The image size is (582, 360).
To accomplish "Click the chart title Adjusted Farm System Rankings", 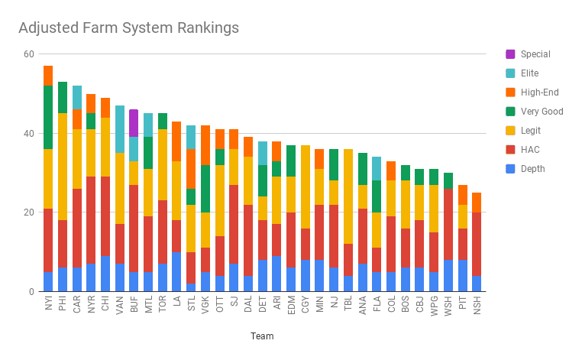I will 128,28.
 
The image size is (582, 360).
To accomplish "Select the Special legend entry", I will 535,54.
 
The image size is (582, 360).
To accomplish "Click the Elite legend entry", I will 529,73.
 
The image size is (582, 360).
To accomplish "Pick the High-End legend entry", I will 538,92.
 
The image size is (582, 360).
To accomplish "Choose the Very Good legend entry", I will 542,112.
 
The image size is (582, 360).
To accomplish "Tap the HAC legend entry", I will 529,149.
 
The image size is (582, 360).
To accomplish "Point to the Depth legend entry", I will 532,168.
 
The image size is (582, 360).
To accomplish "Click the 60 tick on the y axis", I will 28,54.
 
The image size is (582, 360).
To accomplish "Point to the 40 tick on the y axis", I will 28,133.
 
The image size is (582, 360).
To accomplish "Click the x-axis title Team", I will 262,336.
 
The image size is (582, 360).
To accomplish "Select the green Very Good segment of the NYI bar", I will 48,117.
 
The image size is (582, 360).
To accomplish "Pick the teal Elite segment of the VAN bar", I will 120,128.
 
